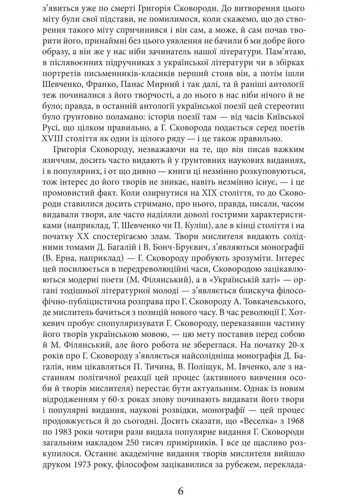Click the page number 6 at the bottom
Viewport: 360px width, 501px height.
180,491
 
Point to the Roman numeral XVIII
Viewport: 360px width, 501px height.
54,139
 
